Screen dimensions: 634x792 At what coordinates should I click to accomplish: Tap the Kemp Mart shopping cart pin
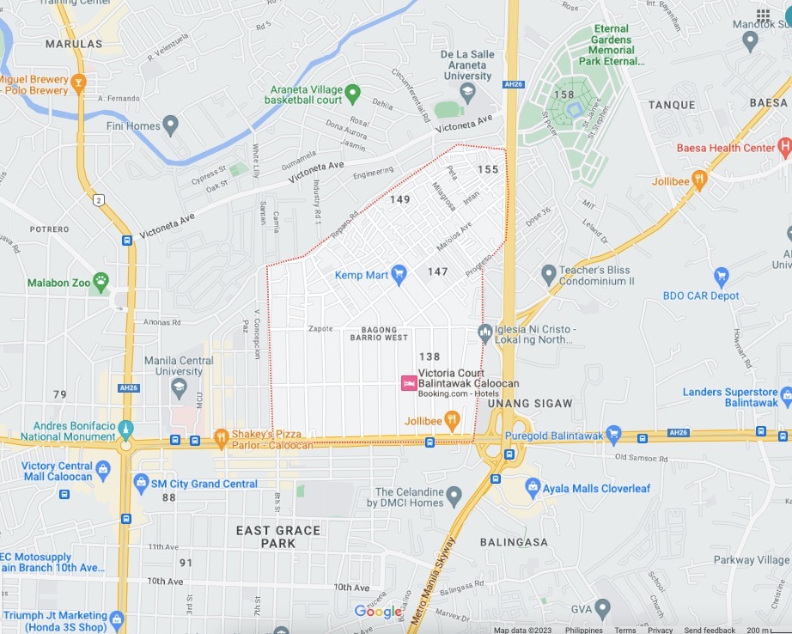click(x=399, y=274)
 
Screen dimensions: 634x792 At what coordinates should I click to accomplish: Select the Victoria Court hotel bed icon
click(x=409, y=383)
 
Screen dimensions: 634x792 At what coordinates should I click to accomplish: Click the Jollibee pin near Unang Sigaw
click(x=452, y=420)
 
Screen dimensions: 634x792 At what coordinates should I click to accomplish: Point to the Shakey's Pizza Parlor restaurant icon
click(x=221, y=437)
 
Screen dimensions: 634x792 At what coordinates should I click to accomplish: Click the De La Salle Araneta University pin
click(x=467, y=91)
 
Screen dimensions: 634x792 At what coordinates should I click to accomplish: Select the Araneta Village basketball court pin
click(x=352, y=93)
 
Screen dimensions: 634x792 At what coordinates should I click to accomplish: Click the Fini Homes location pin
click(x=170, y=125)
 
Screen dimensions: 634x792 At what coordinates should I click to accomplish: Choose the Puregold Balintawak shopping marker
click(x=613, y=435)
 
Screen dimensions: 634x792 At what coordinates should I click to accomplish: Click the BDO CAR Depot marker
click(x=722, y=277)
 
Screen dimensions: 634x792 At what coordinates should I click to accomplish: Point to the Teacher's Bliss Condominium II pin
click(x=549, y=275)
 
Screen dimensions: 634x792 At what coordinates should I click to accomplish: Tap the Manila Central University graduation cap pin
click(x=179, y=388)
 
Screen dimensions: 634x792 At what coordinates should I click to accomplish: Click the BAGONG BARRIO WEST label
click(x=379, y=333)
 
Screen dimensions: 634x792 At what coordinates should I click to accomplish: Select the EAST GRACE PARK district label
click(x=277, y=537)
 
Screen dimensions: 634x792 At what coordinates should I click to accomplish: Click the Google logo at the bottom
click(x=378, y=611)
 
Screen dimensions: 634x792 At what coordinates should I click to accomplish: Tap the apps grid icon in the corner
click(x=763, y=15)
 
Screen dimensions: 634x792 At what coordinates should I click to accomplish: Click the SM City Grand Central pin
click(x=142, y=483)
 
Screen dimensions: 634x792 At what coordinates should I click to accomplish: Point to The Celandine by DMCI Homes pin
click(x=454, y=495)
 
